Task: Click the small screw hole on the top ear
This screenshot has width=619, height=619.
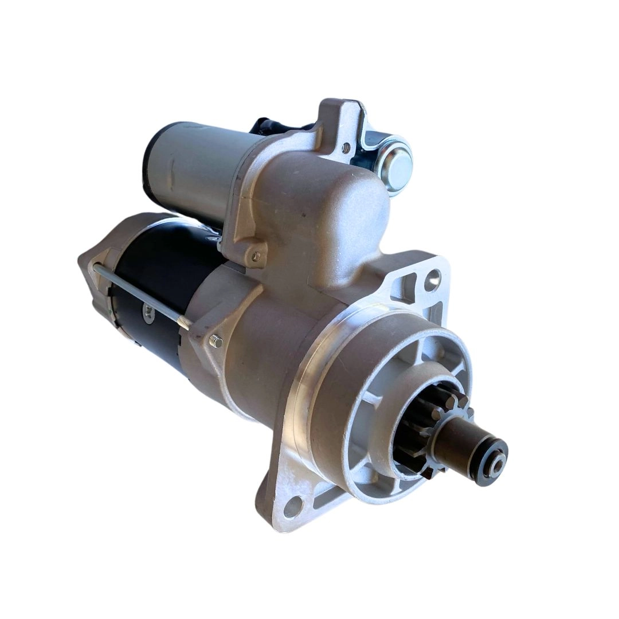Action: point(345,148)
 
